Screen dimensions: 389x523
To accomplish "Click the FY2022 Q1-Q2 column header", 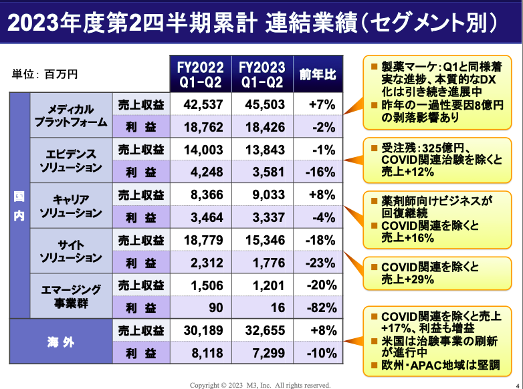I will (199, 74).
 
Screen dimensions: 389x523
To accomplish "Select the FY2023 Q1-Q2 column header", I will (262, 74).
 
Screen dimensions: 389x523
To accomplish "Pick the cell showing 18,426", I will (262, 126).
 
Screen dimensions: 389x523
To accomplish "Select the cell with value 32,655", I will (262, 330).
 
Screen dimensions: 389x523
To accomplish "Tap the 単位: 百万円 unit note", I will (45, 74).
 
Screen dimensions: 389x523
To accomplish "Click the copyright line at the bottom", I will (260, 384).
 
